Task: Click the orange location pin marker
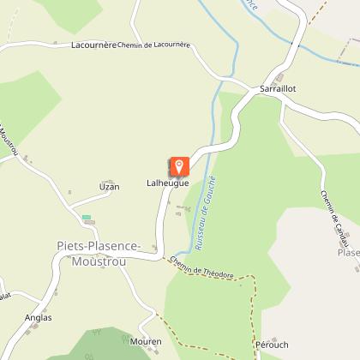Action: pyautogui.click(x=179, y=165)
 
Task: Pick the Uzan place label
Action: pyautogui.click(x=109, y=186)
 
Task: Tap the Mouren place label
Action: pyautogui.click(x=145, y=341)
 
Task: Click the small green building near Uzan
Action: pyautogui.click(x=86, y=218)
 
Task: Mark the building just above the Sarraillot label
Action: pyautogui.click(x=279, y=78)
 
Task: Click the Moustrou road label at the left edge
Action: pyautogui.click(x=9, y=141)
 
